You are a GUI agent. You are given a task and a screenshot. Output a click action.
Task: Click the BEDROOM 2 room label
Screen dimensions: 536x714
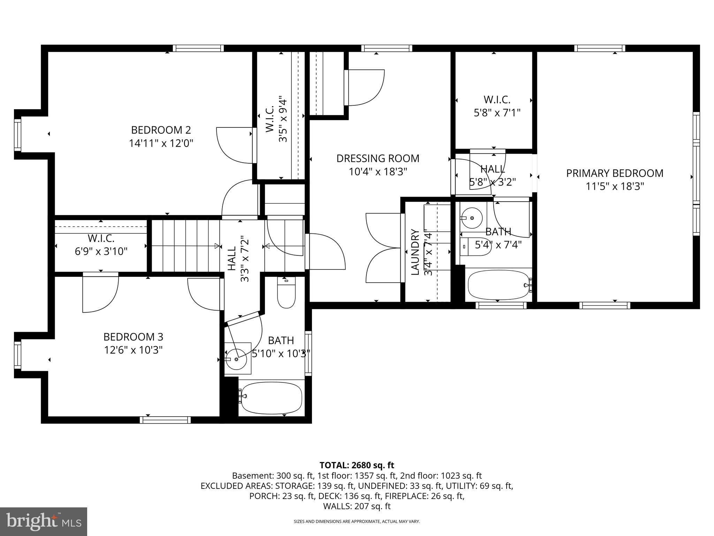(161, 130)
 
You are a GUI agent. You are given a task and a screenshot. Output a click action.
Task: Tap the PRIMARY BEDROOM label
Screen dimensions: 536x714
(614, 173)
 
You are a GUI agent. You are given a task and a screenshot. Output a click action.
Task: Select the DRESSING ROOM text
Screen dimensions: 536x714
(378, 158)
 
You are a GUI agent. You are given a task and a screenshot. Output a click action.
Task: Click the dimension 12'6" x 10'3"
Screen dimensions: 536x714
(133, 350)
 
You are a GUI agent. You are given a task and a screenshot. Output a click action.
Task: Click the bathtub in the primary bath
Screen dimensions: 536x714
(499, 285)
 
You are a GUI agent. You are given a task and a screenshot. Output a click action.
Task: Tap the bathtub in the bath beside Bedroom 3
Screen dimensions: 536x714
(271, 398)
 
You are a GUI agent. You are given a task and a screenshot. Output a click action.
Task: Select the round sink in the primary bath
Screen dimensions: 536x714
(472, 218)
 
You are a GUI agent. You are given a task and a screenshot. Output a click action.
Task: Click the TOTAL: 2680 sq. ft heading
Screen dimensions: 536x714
(357, 465)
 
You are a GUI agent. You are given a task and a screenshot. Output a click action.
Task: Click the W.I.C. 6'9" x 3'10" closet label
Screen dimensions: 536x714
(101, 245)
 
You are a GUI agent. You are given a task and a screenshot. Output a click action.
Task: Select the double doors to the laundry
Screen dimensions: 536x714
(383, 248)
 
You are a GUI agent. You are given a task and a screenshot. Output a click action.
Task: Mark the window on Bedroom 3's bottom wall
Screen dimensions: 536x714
(165, 420)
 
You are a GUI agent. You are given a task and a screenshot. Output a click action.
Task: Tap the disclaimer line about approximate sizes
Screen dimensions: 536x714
(357, 521)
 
